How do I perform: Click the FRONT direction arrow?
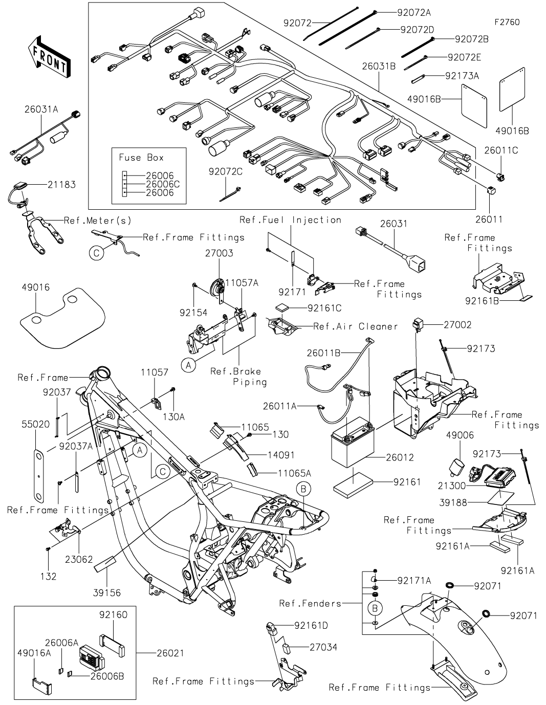(x=49, y=57)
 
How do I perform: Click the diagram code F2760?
(x=507, y=23)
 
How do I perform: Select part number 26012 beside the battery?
(x=400, y=458)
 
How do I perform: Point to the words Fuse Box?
(x=141, y=158)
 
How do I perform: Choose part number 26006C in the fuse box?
(x=163, y=184)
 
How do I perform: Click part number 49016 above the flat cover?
(x=36, y=288)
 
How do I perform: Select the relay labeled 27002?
(x=418, y=324)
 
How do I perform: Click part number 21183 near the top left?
(x=61, y=185)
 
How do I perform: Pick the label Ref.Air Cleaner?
(x=356, y=326)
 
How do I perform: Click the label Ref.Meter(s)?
(x=98, y=221)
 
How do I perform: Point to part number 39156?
(x=107, y=593)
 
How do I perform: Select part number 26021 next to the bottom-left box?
(x=170, y=653)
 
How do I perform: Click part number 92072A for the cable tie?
(x=414, y=13)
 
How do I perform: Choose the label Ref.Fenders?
(x=310, y=604)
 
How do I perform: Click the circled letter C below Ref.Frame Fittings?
(x=97, y=253)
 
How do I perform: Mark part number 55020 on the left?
(x=36, y=424)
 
